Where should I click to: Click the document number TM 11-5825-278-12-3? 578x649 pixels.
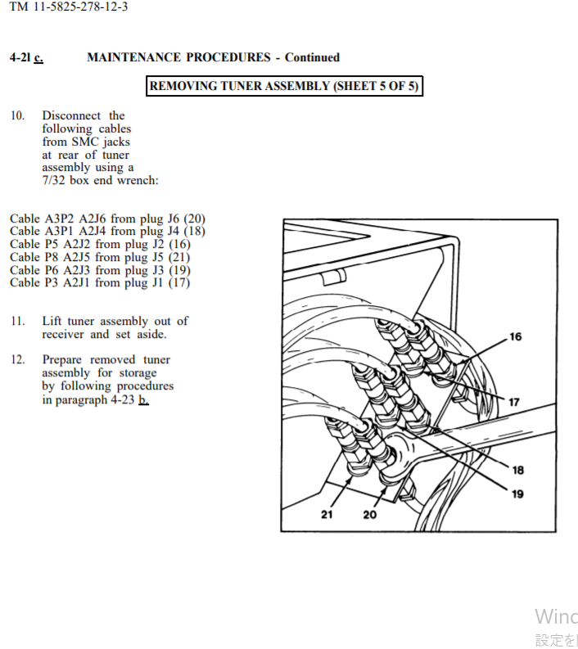(x=69, y=7)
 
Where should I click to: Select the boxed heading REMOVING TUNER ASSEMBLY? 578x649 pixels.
(x=284, y=86)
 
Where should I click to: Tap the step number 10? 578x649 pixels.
(x=17, y=115)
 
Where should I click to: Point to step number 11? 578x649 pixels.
(x=17, y=321)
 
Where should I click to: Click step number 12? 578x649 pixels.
(x=17, y=360)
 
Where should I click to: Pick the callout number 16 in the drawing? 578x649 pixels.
(x=515, y=337)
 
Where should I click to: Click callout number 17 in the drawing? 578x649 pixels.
(x=514, y=402)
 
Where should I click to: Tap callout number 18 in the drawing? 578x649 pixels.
(x=517, y=471)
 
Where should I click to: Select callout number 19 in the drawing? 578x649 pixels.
(x=517, y=494)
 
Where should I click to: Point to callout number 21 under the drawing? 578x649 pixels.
(x=327, y=515)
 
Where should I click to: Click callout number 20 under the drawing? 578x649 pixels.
(x=370, y=515)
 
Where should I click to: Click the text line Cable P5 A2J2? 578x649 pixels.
(x=100, y=244)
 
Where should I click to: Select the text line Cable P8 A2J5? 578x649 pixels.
(x=100, y=257)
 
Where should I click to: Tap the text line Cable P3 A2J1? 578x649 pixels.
(x=99, y=283)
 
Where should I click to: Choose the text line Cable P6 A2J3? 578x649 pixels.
(x=100, y=270)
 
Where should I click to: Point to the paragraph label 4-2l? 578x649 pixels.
(x=20, y=57)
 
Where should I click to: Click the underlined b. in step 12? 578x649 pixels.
(x=143, y=399)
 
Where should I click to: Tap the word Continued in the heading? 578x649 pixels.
(x=312, y=57)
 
